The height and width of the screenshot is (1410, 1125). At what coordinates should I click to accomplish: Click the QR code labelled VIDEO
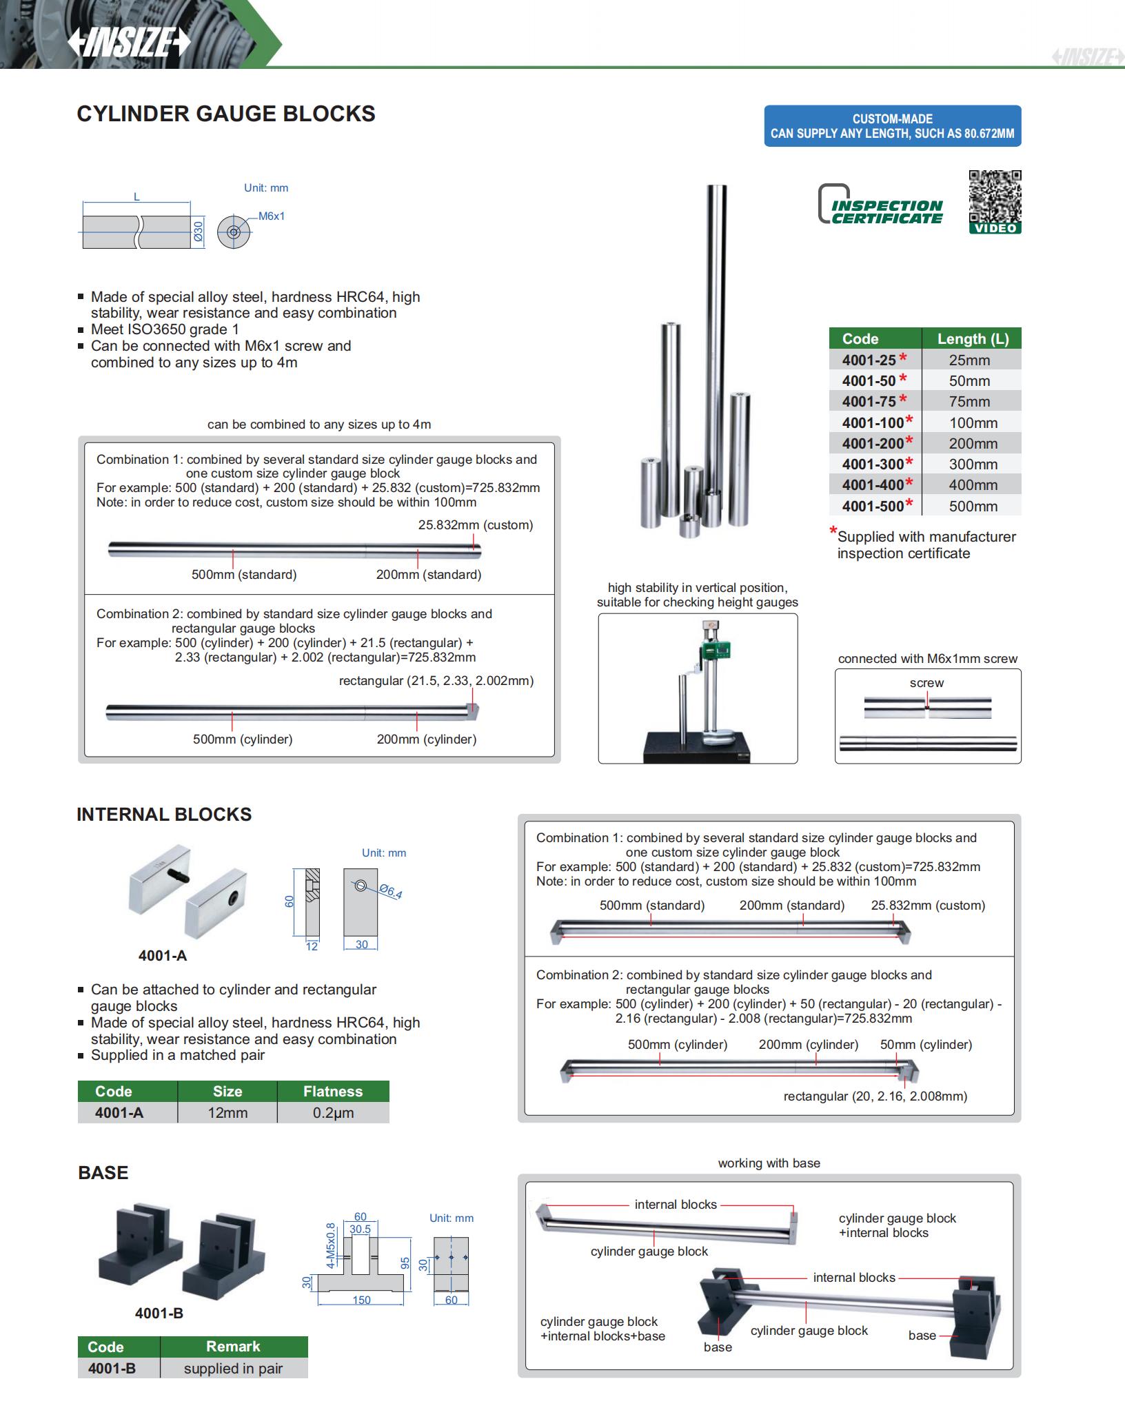(995, 201)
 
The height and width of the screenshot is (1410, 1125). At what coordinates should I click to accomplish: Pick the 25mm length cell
(969, 360)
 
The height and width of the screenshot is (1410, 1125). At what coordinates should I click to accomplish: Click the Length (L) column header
(972, 339)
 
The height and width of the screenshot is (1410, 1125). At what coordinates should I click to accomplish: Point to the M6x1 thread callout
(272, 216)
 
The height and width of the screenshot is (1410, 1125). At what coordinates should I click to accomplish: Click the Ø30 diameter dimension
(198, 231)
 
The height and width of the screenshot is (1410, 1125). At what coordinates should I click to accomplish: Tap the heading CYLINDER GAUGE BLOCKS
(226, 114)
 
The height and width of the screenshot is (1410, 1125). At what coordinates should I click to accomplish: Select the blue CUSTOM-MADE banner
(892, 126)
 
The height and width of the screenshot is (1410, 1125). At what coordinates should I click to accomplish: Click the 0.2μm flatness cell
(333, 1112)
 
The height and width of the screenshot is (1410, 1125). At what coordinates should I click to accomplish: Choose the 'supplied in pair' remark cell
(233, 1369)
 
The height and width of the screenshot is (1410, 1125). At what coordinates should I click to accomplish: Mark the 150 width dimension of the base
(361, 1300)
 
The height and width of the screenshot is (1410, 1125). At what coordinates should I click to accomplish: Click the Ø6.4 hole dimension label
(392, 892)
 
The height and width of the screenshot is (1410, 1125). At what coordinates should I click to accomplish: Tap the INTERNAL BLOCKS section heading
(164, 815)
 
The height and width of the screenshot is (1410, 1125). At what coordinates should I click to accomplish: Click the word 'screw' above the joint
(926, 683)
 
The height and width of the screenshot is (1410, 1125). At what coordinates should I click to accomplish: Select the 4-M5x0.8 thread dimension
(330, 1246)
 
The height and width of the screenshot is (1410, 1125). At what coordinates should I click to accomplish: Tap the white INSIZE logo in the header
(128, 43)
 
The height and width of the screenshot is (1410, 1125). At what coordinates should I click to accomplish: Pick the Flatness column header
(333, 1092)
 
